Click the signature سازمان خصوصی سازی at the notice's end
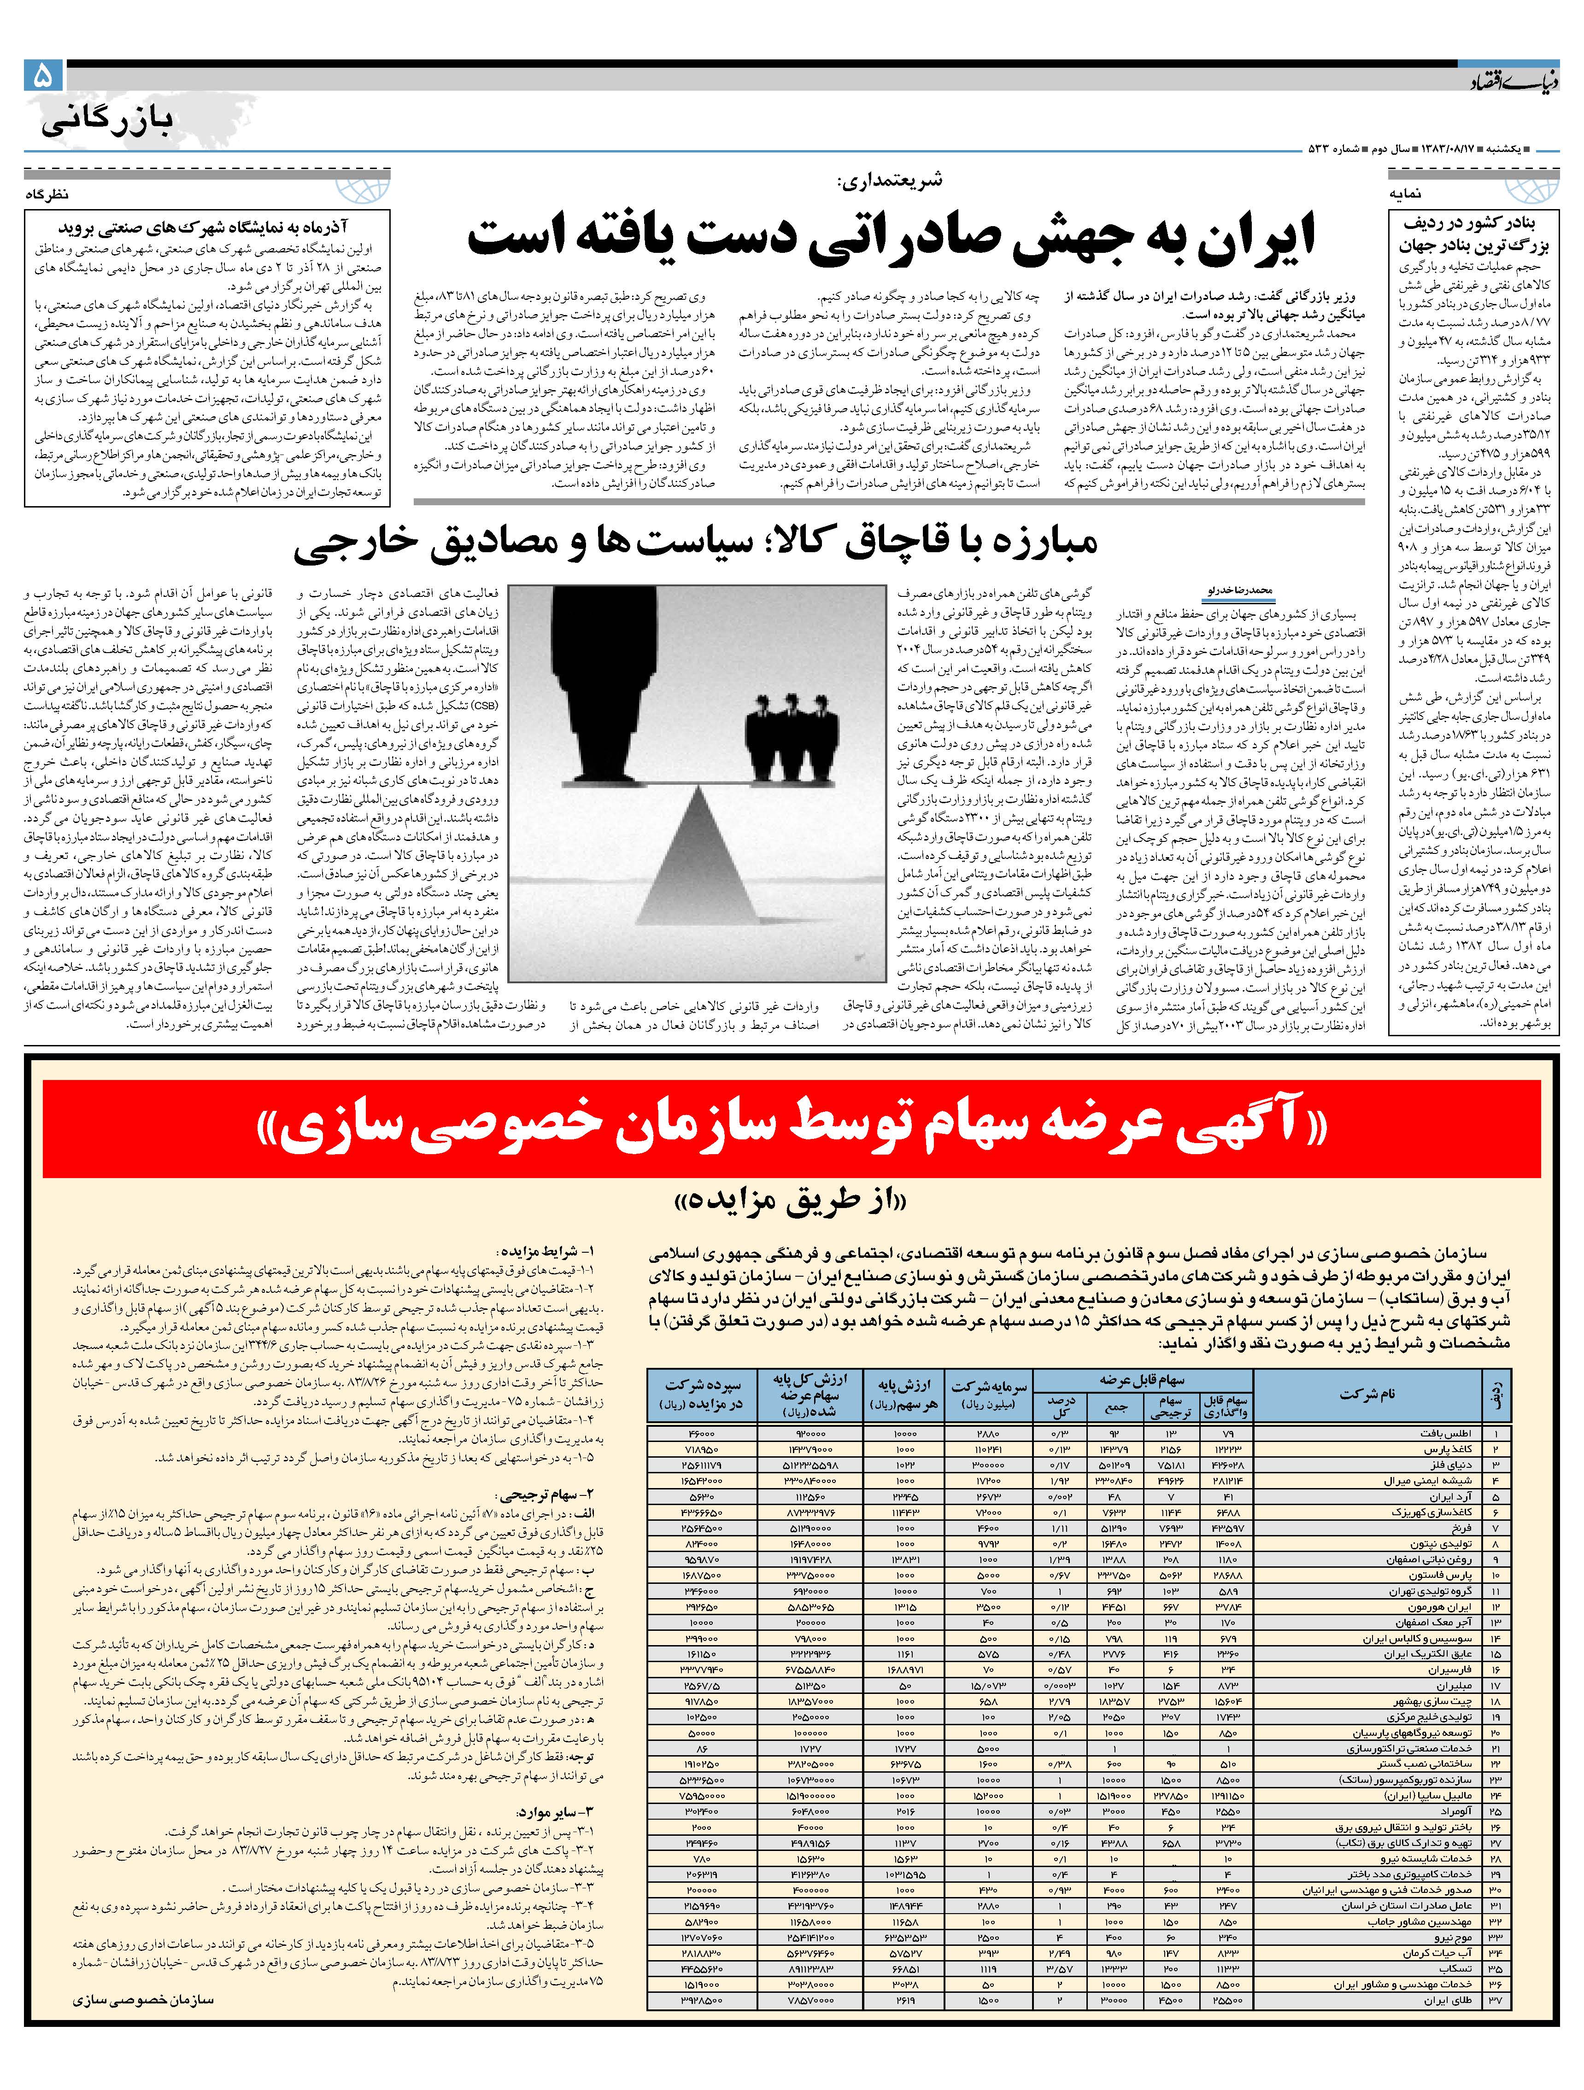pos(142,2000)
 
